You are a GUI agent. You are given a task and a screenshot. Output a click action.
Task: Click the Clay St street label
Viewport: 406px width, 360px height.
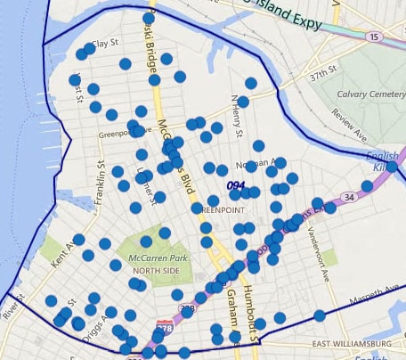coord(105,43)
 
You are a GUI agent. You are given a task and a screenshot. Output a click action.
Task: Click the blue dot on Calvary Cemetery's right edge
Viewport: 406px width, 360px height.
coord(391,167)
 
